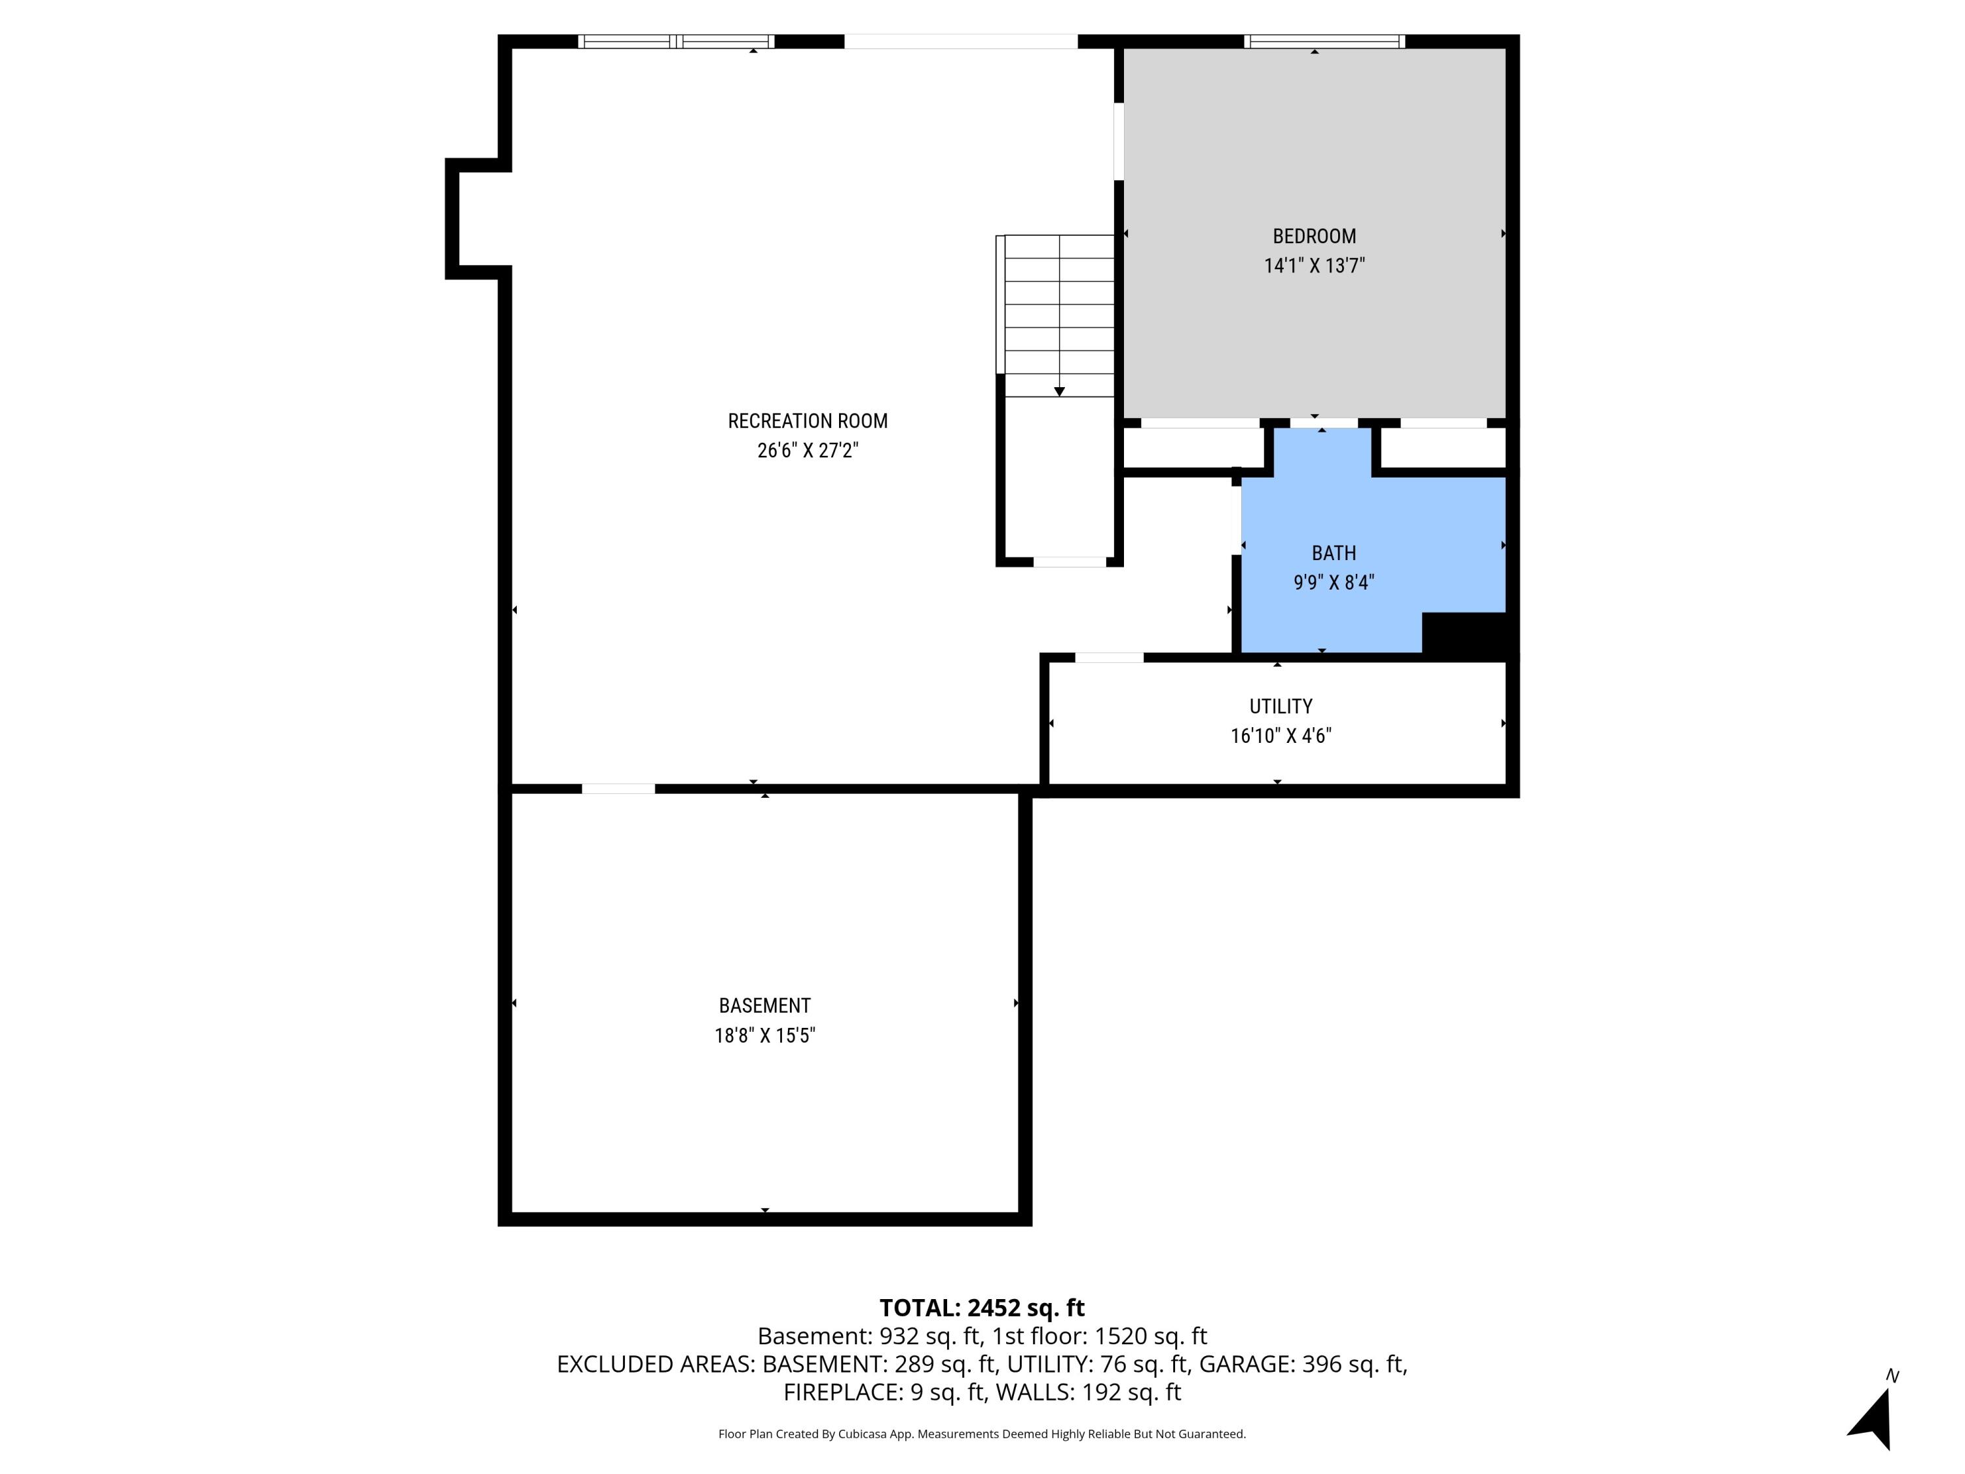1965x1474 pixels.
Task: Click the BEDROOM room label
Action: [1314, 236]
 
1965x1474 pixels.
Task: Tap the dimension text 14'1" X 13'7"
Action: [1314, 266]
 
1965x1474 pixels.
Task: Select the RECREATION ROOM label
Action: [808, 421]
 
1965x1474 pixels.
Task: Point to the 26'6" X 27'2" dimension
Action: [808, 451]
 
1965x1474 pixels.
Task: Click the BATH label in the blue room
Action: [1334, 554]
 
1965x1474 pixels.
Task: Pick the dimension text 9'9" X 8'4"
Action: [1334, 583]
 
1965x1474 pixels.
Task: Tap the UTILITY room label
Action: [1280, 706]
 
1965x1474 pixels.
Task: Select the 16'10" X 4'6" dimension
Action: [1280, 736]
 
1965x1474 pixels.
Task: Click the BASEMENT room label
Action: [764, 1006]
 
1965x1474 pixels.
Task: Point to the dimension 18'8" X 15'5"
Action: [764, 1035]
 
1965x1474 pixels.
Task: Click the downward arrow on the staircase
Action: [1059, 391]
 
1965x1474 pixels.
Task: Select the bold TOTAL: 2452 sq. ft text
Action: [982, 1308]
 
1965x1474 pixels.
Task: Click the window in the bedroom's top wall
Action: [1324, 41]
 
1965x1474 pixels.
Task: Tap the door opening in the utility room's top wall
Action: [1109, 658]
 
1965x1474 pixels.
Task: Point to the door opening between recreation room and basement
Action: [618, 789]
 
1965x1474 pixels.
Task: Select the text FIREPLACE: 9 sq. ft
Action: [884, 1392]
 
